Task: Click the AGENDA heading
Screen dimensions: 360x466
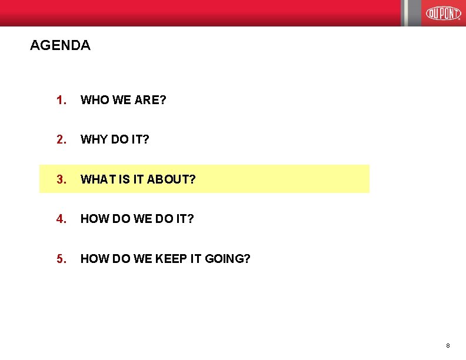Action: click(x=60, y=45)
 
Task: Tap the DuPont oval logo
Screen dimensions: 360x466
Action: click(x=443, y=12)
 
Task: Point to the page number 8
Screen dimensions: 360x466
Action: click(x=448, y=345)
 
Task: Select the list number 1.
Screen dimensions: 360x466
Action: click(x=61, y=100)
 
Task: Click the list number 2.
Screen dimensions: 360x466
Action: click(x=61, y=139)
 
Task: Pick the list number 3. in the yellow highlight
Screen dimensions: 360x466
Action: click(x=61, y=179)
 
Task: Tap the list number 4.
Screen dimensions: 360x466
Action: click(x=61, y=219)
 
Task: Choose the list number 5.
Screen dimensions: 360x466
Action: click(x=61, y=258)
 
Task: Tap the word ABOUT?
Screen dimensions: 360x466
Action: click(x=171, y=179)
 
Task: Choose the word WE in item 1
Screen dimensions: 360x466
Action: click(x=121, y=100)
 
